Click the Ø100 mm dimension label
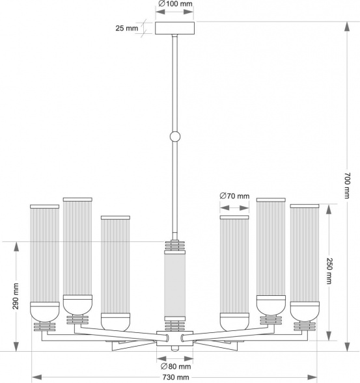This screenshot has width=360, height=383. pyautogui.click(x=175, y=4)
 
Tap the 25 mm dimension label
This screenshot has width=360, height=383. pyautogui.click(x=127, y=28)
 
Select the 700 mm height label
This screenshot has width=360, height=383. pyautogui.click(x=348, y=185)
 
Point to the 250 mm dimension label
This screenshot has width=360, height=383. pyautogui.click(x=329, y=271)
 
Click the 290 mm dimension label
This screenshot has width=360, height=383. pyautogui.click(x=16, y=296)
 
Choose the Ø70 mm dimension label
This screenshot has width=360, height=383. pyautogui.click(x=234, y=196)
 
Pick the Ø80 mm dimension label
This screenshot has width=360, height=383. pyautogui.click(x=176, y=366)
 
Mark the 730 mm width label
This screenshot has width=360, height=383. pyautogui.click(x=176, y=377)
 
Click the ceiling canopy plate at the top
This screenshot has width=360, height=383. pyautogui.click(x=175, y=28)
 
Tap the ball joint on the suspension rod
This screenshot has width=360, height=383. pyautogui.click(x=175, y=137)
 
